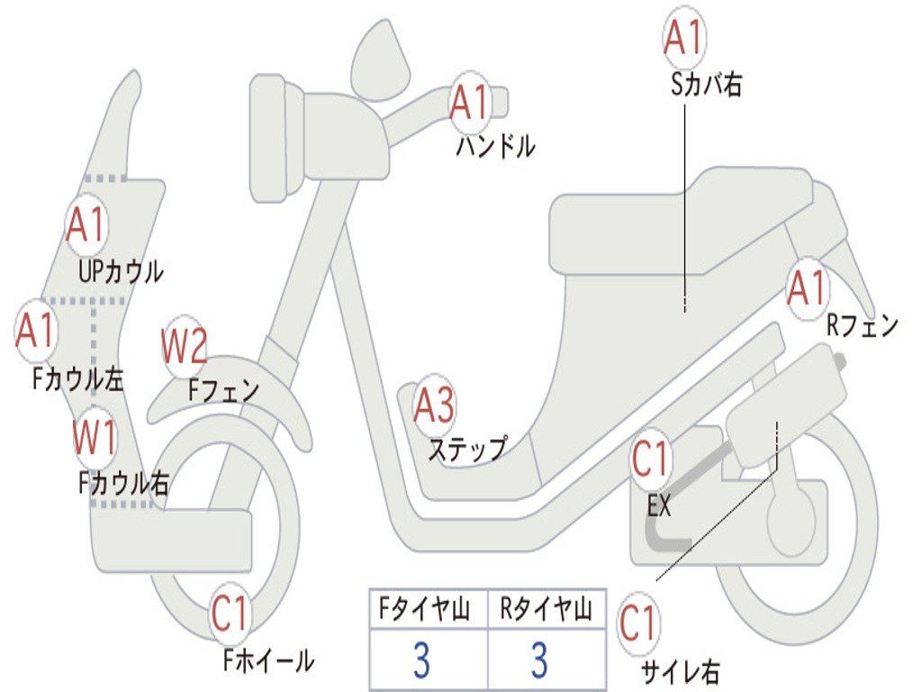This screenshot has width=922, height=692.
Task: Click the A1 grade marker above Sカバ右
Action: click(684, 38)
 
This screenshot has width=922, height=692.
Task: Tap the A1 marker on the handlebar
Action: click(470, 103)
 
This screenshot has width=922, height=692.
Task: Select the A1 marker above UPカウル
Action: click(86, 224)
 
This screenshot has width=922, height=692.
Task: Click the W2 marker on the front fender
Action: click(184, 346)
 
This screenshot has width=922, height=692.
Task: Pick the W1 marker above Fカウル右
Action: click(95, 437)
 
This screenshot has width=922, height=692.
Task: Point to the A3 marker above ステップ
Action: click(435, 405)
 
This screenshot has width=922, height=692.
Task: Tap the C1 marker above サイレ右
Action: click(638, 624)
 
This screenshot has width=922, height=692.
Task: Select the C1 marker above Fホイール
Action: click(230, 613)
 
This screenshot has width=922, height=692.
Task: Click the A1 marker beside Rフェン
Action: click(808, 288)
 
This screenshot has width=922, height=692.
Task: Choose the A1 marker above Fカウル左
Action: click(36, 331)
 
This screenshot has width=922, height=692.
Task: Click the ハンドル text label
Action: click(496, 146)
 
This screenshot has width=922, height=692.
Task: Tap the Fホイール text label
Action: click(268, 660)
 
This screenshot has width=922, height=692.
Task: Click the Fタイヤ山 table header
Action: click(425, 608)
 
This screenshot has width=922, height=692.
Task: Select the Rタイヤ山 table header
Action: click(546, 608)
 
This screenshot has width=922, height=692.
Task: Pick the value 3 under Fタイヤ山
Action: click(421, 660)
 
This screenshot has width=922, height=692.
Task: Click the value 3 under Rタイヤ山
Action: click(540, 660)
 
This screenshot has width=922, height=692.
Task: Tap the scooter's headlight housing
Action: click(276, 139)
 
